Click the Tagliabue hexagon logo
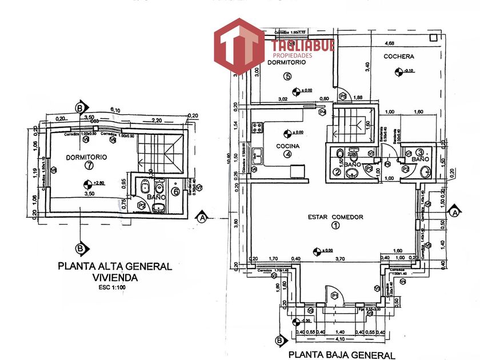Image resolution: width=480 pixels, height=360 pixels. click(239, 47)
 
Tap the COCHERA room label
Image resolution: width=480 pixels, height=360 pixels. click(398, 56)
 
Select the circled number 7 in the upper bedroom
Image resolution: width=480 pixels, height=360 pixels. click(87, 166)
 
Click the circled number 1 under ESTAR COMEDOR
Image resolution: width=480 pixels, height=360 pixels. click(335, 225)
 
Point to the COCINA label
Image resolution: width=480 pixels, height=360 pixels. click(289, 145)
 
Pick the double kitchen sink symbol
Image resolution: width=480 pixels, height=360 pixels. click(258, 153)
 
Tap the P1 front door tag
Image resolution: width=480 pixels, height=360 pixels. click(335, 295)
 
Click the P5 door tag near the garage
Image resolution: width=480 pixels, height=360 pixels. click(343, 96)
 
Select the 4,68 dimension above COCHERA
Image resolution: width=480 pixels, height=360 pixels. click(389, 43)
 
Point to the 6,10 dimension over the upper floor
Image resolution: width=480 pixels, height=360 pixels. click(115, 110)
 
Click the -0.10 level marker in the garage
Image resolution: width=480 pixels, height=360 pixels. click(398, 71)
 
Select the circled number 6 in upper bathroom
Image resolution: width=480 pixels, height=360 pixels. click(176, 191)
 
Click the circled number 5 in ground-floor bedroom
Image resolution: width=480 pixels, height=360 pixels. click(287, 77)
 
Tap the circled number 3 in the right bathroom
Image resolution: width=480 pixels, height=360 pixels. click(419, 153)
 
